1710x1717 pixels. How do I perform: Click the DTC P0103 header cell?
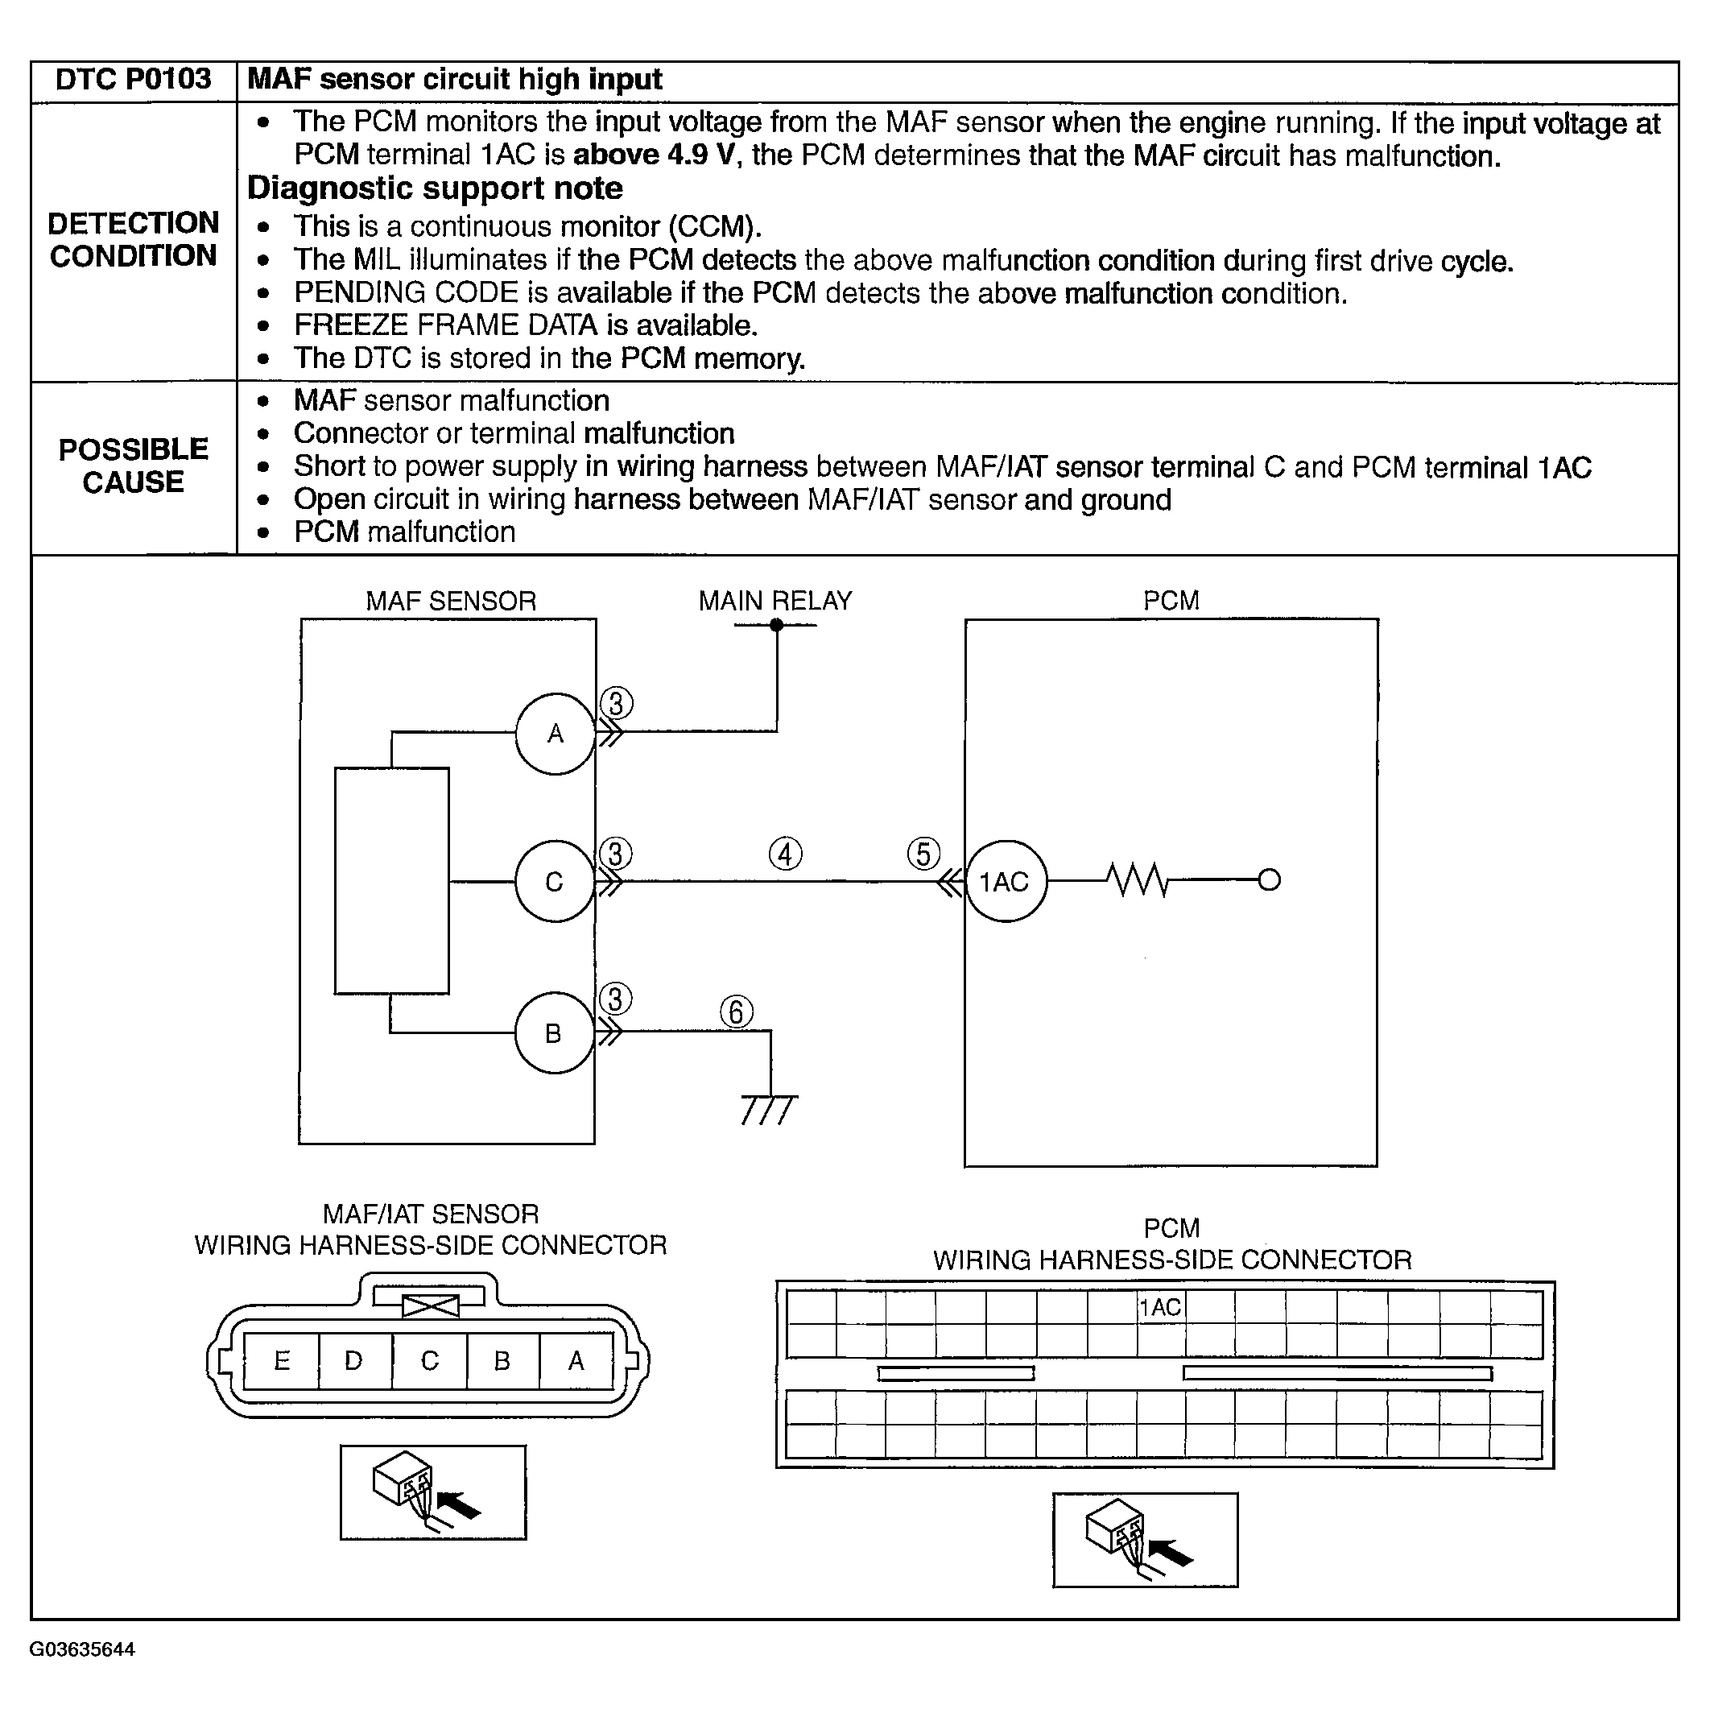point(134,79)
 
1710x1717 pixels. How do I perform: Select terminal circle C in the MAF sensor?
point(556,882)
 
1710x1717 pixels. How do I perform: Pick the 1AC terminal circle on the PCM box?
point(1006,882)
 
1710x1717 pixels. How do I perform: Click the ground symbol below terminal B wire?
point(770,1109)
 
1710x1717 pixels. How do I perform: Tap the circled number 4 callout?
point(785,854)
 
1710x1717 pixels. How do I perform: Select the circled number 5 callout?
point(924,854)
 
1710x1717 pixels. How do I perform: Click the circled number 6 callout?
point(737,1012)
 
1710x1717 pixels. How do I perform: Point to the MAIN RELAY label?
point(774,601)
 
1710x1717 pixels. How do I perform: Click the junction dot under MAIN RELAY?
point(776,625)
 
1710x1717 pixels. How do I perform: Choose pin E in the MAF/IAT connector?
point(282,1360)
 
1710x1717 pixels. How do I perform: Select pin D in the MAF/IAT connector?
point(353,1360)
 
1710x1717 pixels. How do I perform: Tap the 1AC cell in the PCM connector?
point(1160,1307)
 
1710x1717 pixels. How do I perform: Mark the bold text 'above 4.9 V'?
point(654,155)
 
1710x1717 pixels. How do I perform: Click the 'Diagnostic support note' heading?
point(435,188)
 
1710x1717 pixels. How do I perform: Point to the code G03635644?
point(82,1649)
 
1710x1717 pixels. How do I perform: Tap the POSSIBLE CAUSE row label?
point(134,465)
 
